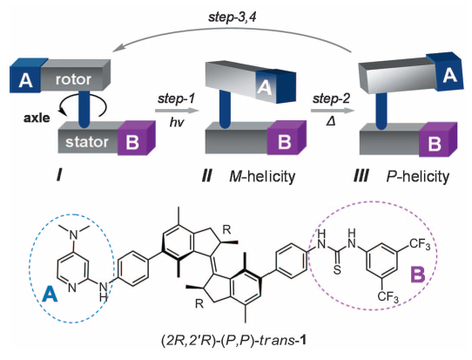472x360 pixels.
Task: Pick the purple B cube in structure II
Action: tap(280, 140)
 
